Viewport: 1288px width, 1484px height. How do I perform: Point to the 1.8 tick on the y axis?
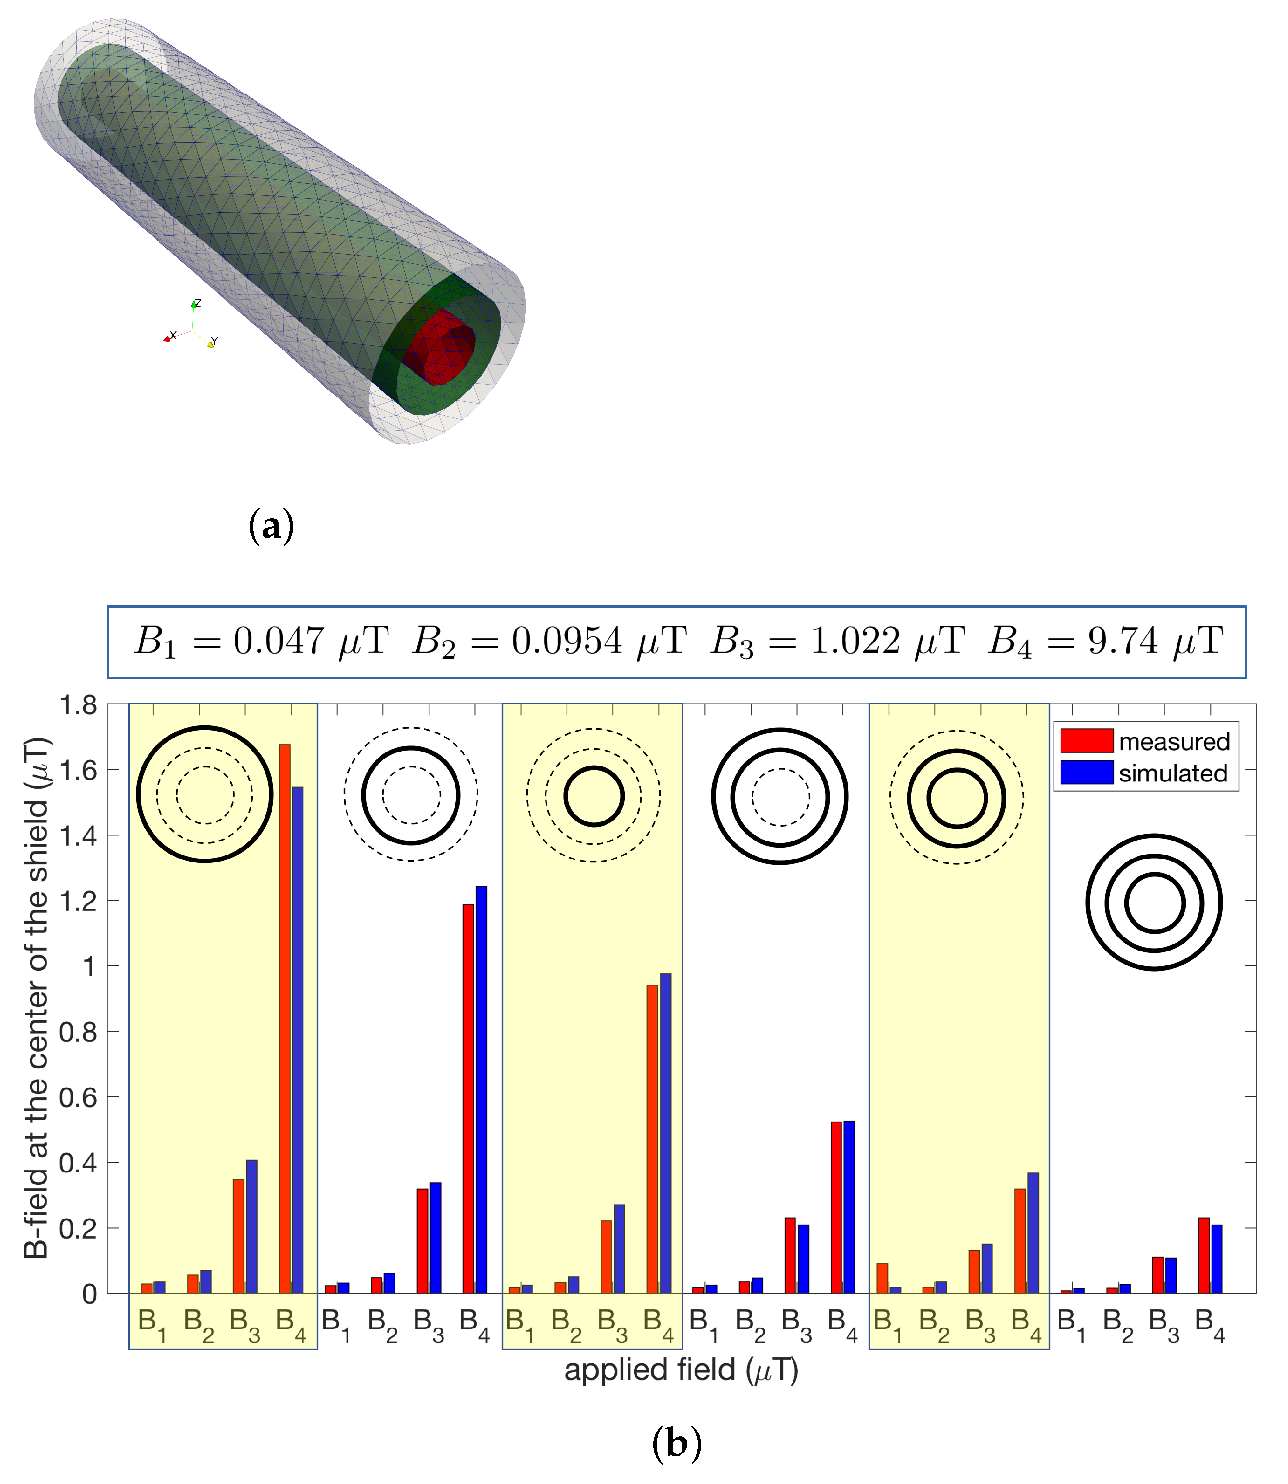tap(78, 705)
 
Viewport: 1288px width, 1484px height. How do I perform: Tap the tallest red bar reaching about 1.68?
tap(285, 1007)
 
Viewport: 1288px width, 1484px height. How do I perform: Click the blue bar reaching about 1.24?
tap(481, 1079)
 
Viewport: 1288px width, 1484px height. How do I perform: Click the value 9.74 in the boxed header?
tap(1123, 640)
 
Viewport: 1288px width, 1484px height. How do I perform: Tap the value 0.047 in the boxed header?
tap(278, 640)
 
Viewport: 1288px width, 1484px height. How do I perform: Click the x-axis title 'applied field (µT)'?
tap(681, 1370)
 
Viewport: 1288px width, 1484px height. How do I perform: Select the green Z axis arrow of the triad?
tap(194, 304)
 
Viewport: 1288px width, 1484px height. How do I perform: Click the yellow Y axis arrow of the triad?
tap(211, 344)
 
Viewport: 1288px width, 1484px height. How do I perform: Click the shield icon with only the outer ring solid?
tap(205, 794)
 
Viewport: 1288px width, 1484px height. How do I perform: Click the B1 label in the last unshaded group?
tap(1071, 1325)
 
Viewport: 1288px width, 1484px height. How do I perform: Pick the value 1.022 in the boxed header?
tap(854, 640)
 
